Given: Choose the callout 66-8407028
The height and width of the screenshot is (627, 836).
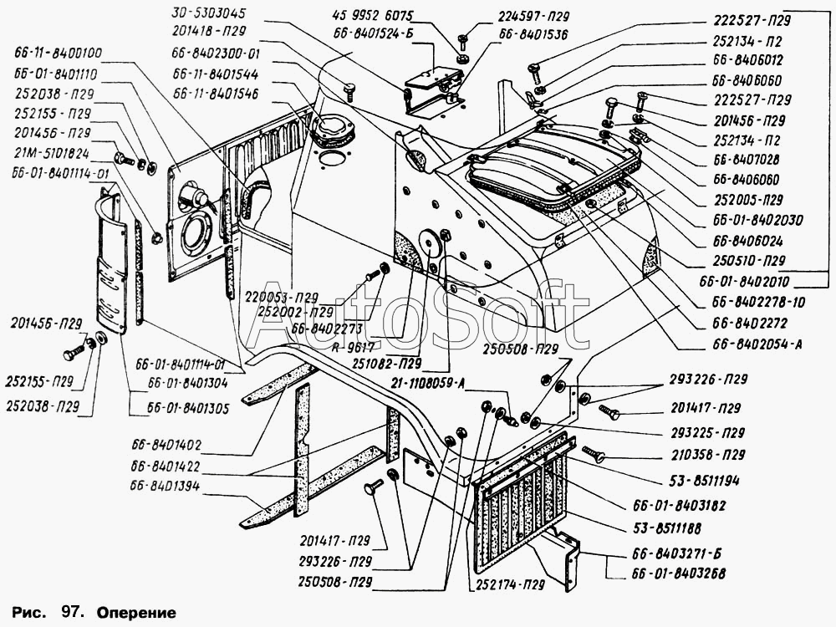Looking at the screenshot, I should (x=748, y=158).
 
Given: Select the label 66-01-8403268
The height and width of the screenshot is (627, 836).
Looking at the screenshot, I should (x=678, y=574).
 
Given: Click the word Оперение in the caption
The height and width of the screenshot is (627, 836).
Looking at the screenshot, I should (x=141, y=612).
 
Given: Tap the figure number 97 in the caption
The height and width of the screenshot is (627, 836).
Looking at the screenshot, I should (x=69, y=612).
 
